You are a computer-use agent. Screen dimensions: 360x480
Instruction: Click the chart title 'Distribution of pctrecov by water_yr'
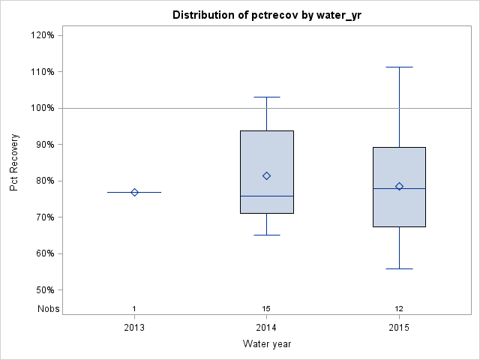pos(266,15)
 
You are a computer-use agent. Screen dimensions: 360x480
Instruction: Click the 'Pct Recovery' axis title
pos(14,163)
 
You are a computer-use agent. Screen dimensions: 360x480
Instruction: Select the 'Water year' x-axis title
pos(266,344)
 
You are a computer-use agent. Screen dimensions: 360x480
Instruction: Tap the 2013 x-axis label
pos(134,328)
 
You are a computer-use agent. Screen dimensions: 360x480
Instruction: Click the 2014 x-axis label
pos(266,328)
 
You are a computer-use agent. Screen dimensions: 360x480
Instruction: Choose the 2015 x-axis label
pos(399,328)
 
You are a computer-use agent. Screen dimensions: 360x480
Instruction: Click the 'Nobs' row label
pos(46,308)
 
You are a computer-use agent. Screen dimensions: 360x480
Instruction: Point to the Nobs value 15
pos(266,309)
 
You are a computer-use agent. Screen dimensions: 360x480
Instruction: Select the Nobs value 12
pos(399,309)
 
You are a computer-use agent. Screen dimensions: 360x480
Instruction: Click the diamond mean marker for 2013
pos(134,192)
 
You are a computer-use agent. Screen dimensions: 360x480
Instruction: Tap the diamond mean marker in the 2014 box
pos(266,175)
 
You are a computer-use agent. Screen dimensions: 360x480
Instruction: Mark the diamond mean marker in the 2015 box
pos(399,186)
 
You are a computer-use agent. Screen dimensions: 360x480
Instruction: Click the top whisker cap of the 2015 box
pos(399,67)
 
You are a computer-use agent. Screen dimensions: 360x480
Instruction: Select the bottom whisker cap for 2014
pos(266,235)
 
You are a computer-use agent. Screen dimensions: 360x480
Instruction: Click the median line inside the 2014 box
pos(266,196)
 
